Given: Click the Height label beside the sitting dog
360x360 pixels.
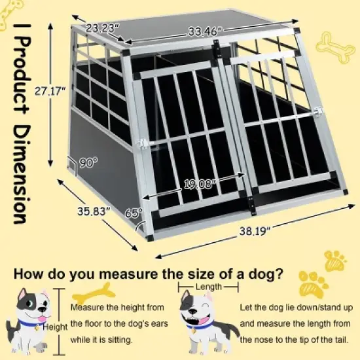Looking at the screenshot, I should coord(56,325).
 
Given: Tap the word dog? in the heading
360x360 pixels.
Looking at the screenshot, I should coord(266,272).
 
